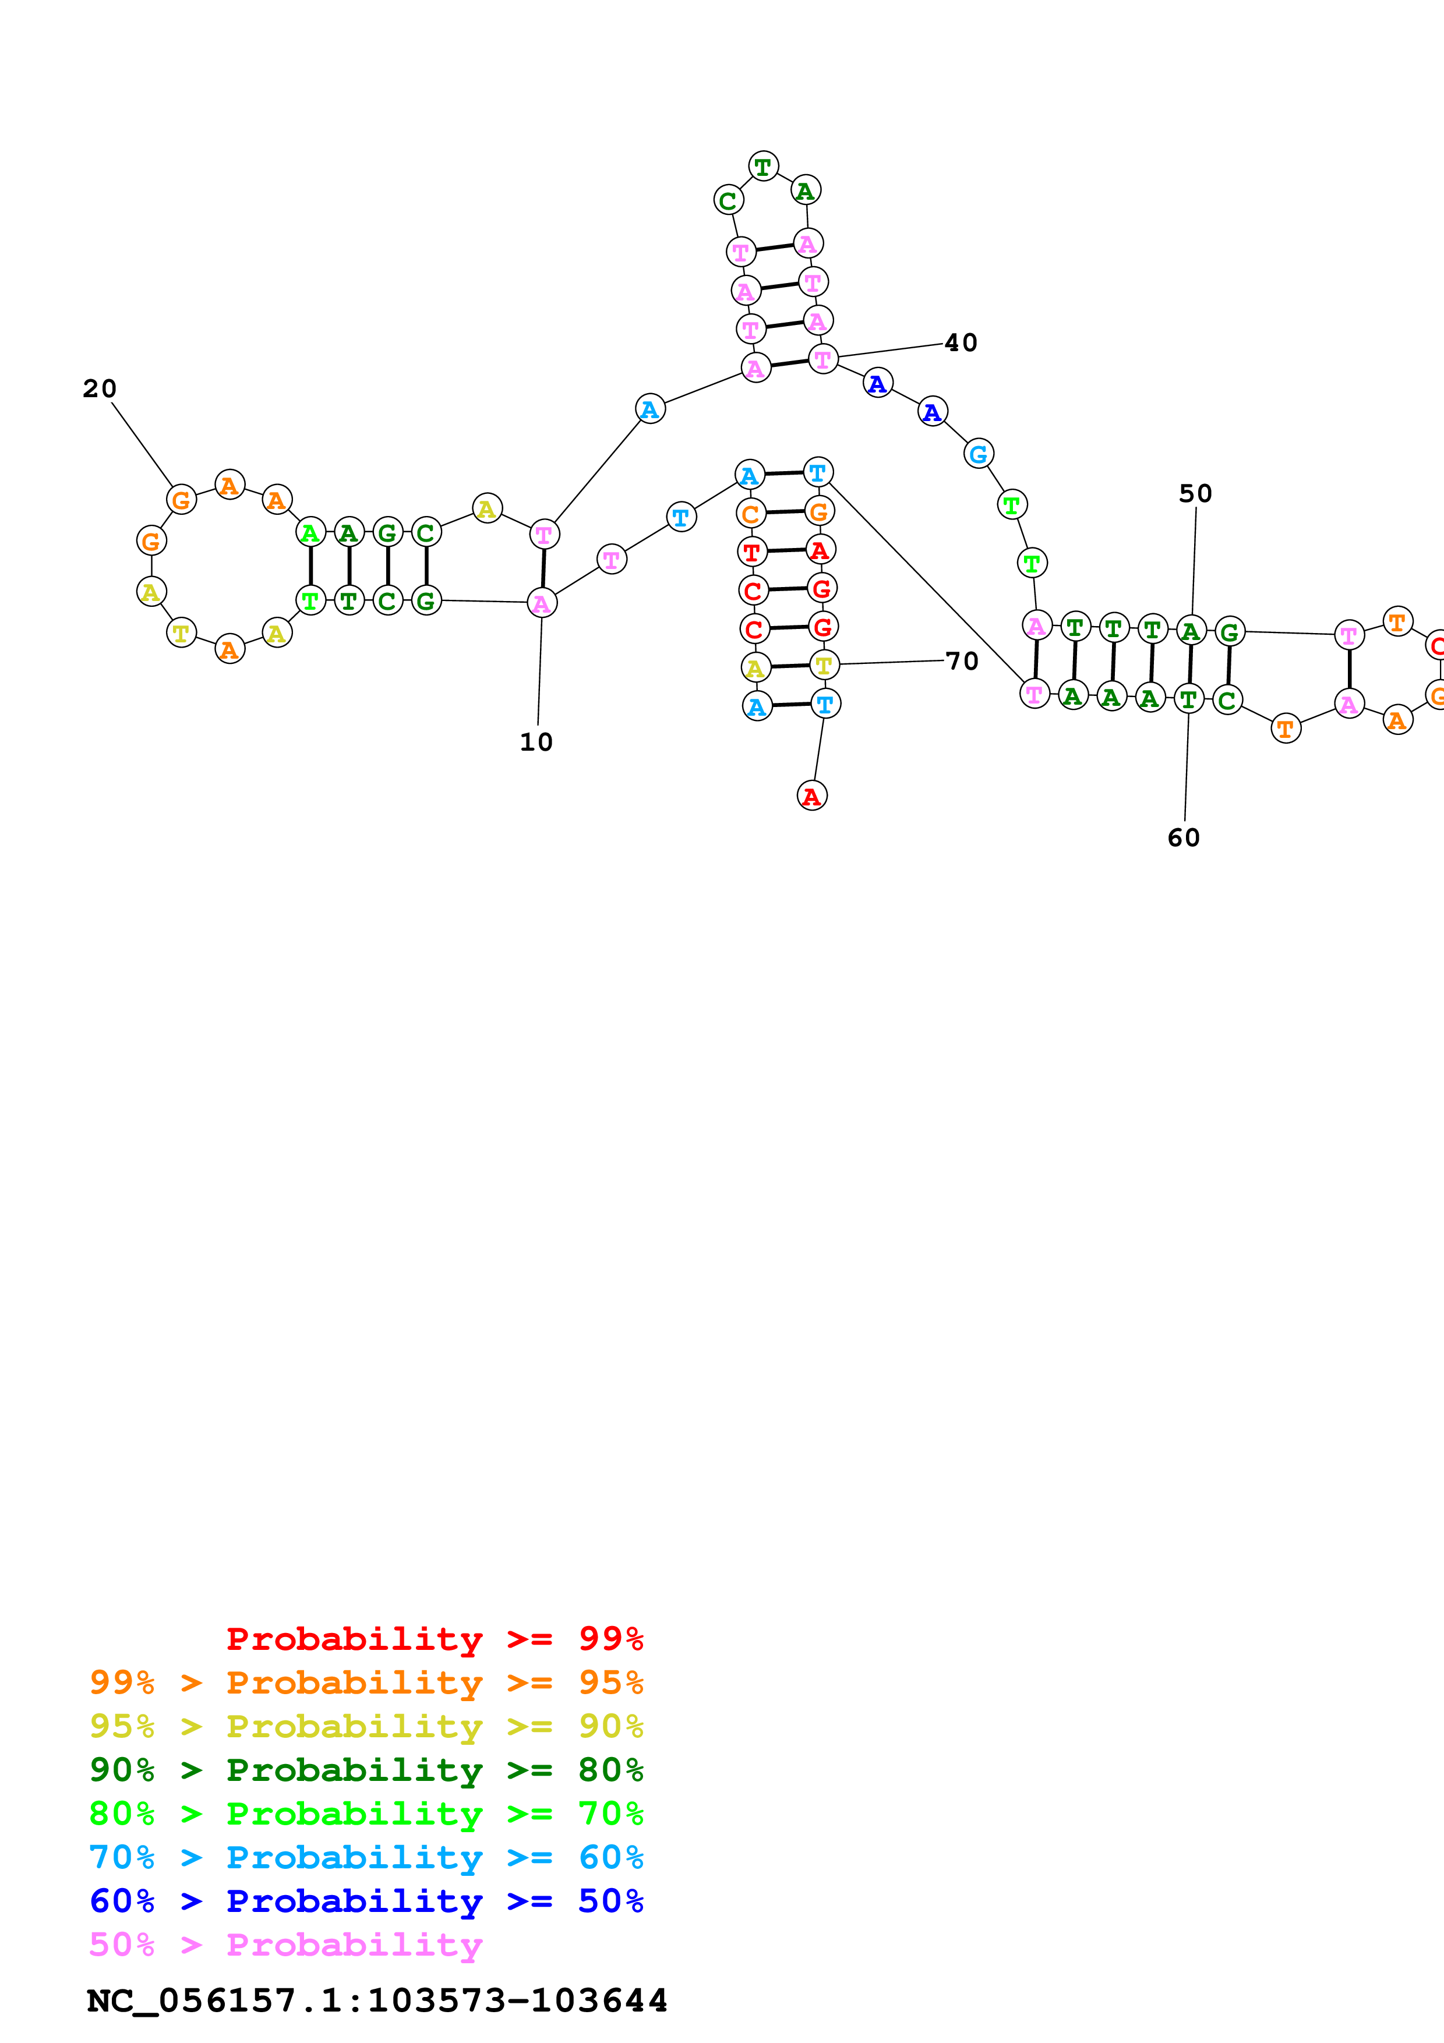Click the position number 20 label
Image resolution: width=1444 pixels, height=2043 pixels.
100,389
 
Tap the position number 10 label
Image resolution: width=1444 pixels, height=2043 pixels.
536,742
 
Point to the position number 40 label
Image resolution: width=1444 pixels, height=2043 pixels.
961,342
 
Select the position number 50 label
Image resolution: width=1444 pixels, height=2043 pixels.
1196,494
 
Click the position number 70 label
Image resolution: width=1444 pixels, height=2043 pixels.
962,661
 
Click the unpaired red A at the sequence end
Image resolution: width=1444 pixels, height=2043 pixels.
811,796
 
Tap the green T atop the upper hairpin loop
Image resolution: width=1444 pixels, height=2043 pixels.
764,167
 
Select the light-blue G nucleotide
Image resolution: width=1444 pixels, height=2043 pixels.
979,454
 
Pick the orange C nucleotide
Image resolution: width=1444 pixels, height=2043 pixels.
751,514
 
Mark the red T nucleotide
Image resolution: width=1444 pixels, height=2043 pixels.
752,552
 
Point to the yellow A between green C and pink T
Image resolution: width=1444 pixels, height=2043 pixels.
486,508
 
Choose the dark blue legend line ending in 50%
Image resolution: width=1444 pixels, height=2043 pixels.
366,1901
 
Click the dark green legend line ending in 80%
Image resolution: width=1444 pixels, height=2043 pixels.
366,1770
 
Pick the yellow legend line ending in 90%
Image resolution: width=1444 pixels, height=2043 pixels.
366,1726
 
